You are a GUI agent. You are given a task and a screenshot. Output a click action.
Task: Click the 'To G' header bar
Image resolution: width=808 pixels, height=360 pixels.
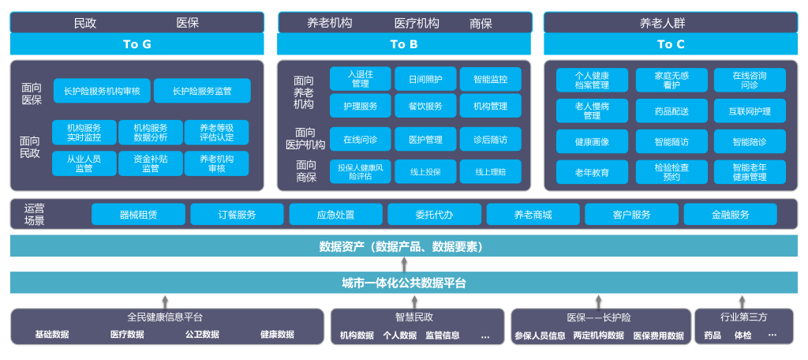[x=137, y=44]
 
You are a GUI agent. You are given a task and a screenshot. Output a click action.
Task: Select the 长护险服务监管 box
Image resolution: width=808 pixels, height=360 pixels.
[x=202, y=91]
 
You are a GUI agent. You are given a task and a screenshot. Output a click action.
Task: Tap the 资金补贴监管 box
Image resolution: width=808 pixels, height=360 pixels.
[x=150, y=163]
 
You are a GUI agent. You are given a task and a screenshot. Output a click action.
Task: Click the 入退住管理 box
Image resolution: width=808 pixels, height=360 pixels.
[x=360, y=79]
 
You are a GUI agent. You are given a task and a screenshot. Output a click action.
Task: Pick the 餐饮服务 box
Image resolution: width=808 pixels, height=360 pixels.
[x=425, y=106]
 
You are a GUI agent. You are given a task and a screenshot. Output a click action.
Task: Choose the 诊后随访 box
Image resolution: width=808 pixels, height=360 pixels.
[x=490, y=140]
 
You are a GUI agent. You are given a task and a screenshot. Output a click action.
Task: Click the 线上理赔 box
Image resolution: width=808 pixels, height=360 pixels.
[x=490, y=171]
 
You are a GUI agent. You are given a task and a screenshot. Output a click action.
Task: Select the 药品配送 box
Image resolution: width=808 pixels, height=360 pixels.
[x=671, y=111]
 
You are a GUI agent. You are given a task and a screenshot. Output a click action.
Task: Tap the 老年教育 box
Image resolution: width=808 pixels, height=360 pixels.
[x=592, y=172]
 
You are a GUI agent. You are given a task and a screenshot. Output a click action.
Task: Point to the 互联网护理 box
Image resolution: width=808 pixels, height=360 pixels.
[x=750, y=111]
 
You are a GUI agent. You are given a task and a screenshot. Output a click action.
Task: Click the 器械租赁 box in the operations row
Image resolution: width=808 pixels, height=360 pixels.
[x=138, y=215]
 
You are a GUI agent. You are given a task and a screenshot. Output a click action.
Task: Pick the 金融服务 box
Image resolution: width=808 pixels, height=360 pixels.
[x=730, y=215]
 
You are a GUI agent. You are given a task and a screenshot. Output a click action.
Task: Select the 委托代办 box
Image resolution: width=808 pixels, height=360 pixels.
[x=434, y=215]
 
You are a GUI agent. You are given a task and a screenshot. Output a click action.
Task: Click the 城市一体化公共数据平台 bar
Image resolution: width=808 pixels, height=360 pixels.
[x=404, y=283]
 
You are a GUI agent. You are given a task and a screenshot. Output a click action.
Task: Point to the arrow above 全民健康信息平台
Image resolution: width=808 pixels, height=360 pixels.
[x=165, y=301]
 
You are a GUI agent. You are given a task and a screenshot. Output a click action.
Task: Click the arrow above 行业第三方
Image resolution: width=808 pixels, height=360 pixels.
[x=742, y=301]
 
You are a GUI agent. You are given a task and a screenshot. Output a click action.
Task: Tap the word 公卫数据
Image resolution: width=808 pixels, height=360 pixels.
[x=202, y=335]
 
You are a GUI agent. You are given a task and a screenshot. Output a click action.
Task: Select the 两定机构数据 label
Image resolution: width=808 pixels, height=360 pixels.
[x=598, y=336]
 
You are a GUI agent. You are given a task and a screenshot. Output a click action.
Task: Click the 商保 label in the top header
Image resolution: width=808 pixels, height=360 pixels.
[x=481, y=24]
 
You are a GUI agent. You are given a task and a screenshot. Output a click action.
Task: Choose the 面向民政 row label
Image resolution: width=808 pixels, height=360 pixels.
[x=30, y=147]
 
